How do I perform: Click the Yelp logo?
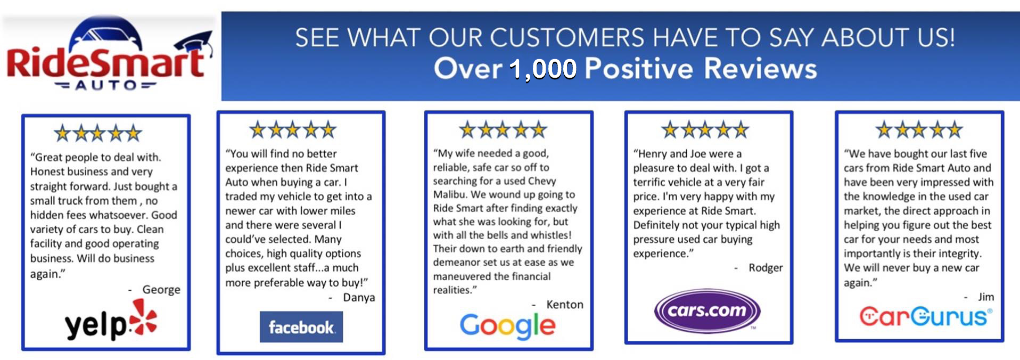111,321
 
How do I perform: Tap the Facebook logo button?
301,326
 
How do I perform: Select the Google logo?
508,325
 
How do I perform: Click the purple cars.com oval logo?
707,310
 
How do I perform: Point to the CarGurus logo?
926,316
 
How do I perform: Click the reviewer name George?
161,289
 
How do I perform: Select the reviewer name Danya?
359,297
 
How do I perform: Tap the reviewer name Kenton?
565,304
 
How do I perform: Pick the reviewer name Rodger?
766,268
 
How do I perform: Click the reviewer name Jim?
986,297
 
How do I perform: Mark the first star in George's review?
63,133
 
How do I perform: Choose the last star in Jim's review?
954,129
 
